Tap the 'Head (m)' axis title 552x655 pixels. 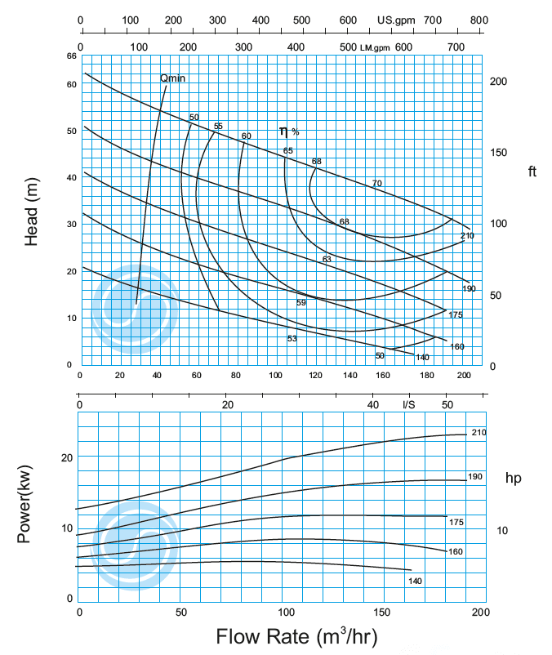[x=32, y=212]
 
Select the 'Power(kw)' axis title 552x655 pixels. [x=24, y=506]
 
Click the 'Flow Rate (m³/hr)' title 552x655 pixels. [x=297, y=635]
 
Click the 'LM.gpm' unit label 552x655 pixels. [x=376, y=48]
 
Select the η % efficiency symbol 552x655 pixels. [x=288, y=131]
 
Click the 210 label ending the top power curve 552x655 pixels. [x=479, y=432]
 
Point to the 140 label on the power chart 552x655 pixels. [x=416, y=581]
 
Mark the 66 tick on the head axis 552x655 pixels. [x=71, y=56]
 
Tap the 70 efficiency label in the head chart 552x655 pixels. [x=376, y=183]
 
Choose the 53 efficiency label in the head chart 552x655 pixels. [x=292, y=338]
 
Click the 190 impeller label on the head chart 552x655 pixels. [x=468, y=288]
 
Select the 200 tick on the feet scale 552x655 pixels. [x=497, y=82]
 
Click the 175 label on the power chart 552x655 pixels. [x=456, y=521]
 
